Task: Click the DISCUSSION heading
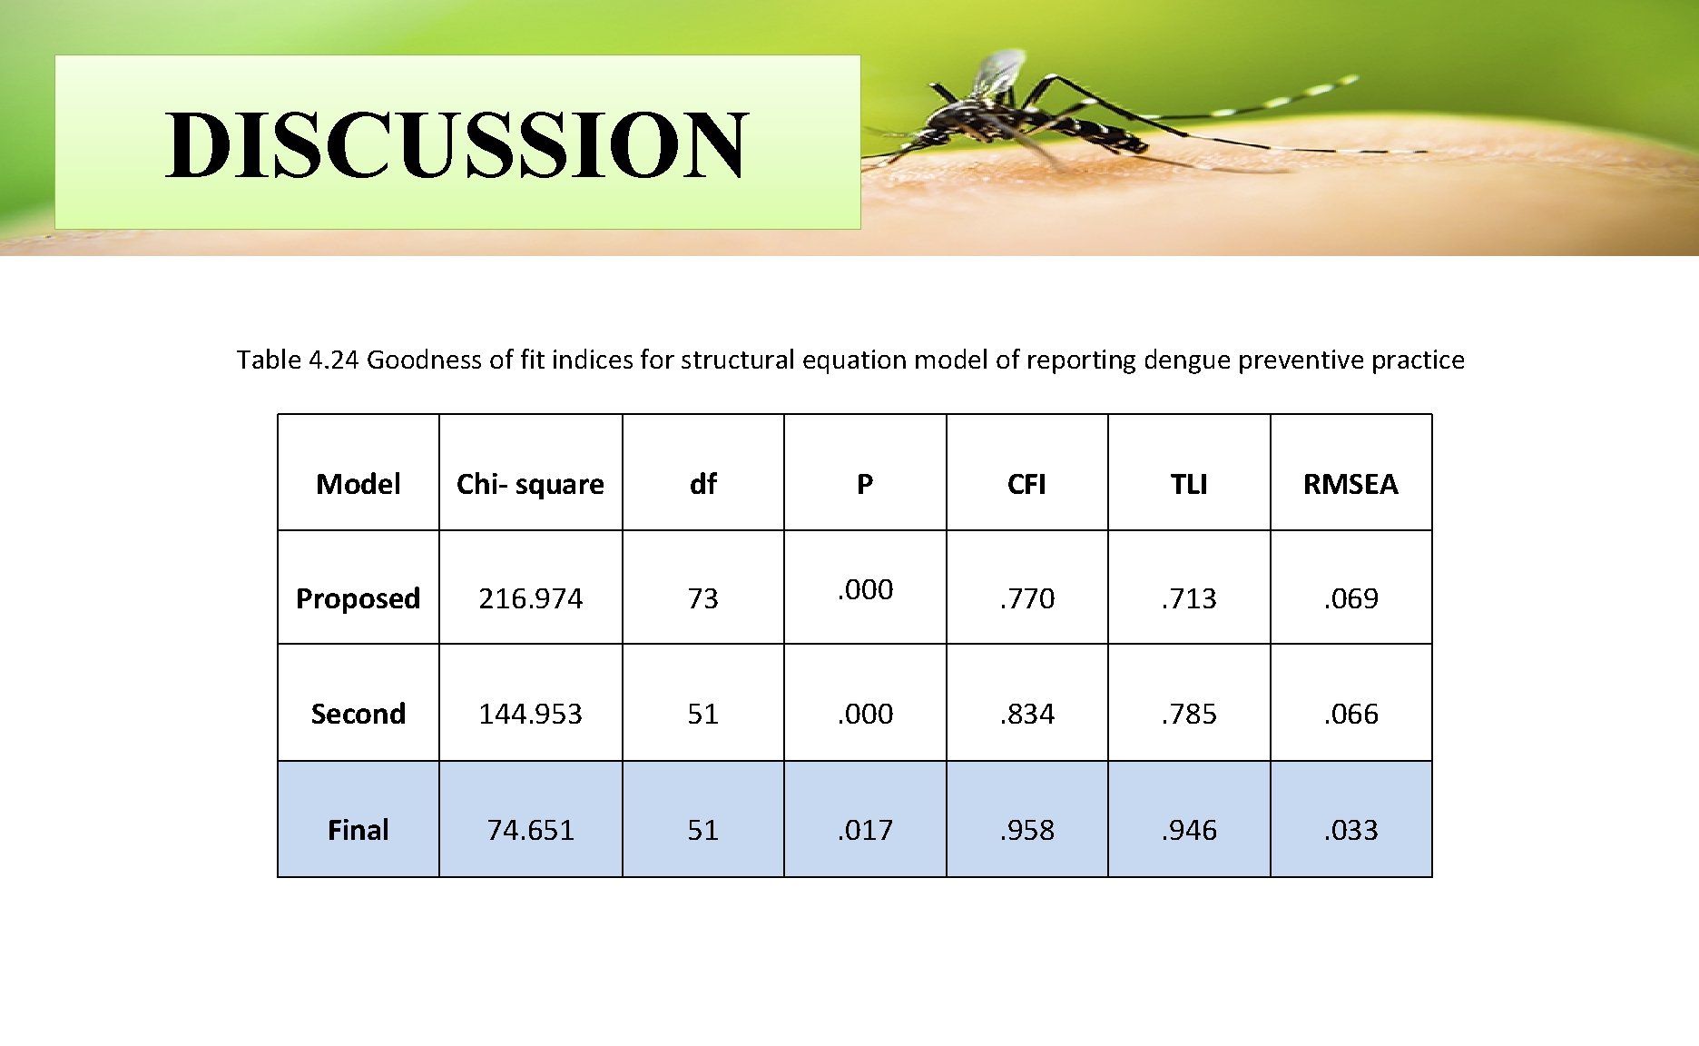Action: click(x=457, y=145)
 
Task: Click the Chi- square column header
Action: click(x=530, y=484)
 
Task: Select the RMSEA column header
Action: click(x=1350, y=484)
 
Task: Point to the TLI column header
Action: click(x=1188, y=484)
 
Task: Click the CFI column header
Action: click(x=1026, y=484)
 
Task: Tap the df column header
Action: click(x=702, y=484)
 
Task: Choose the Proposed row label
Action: click(x=358, y=598)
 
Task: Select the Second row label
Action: click(x=358, y=714)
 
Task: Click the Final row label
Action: click(x=358, y=829)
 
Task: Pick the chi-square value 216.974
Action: click(x=530, y=598)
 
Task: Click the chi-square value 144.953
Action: click(x=530, y=714)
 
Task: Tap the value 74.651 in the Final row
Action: click(x=530, y=829)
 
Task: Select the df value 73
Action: click(x=702, y=598)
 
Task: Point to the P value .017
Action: click(x=865, y=829)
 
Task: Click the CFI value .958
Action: click(x=1026, y=829)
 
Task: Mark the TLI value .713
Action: click(x=1188, y=598)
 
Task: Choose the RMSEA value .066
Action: click(x=1350, y=714)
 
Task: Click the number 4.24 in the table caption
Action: click(x=333, y=360)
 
